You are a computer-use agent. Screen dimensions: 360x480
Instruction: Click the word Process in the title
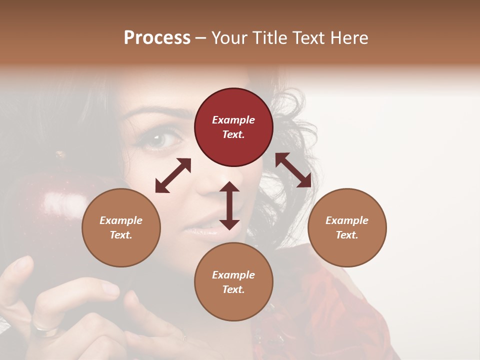[157, 38]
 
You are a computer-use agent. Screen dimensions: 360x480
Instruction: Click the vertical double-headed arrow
[229, 205]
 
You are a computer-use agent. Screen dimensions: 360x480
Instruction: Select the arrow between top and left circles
[173, 175]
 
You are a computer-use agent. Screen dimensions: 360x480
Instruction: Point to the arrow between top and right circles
[293, 170]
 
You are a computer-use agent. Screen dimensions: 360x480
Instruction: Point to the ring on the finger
[42, 327]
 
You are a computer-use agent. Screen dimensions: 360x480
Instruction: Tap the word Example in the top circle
[233, 120]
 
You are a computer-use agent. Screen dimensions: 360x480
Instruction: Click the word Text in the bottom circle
[233, 289]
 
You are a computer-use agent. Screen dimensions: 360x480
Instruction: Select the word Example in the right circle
[346, 220]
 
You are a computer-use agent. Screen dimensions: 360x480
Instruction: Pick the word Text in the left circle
[121, 235]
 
